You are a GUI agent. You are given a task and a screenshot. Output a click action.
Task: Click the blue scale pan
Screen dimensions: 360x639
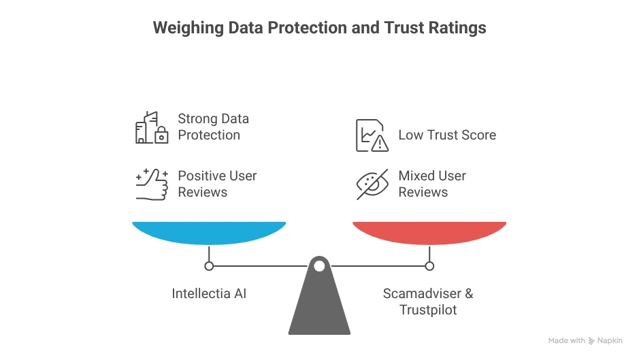click(x=209, y=231)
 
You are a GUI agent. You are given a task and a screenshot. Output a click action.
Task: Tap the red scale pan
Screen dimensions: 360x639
click(x=429, y=231)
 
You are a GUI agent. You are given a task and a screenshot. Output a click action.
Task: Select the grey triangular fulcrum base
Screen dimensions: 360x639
click(x=319, y=303)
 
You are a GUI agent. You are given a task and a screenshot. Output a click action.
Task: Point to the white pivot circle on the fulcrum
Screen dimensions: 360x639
click(x=319, y=265)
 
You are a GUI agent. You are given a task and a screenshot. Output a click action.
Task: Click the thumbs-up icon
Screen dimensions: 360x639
click(x=149, y=127)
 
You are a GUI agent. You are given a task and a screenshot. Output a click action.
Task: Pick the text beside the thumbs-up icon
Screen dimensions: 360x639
click(x=212, y=127)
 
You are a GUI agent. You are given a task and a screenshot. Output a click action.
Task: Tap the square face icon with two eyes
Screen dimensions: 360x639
click(x=372, y=133)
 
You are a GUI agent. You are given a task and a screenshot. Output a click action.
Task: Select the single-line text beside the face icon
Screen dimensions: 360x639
click(x=448, y=135)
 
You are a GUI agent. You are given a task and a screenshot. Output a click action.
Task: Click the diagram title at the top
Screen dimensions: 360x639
click(x=320, y=29)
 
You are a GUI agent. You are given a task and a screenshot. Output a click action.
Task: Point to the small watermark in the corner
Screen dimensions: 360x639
click(x=585, y=340)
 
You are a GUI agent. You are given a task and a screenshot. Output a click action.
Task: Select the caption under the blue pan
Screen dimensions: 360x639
click(x=210, y=292)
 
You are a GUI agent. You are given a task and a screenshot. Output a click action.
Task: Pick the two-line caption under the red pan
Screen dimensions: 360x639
click(x=427, y=299)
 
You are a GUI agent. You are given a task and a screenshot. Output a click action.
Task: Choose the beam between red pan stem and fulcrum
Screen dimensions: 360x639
click(x=381, y=263)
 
